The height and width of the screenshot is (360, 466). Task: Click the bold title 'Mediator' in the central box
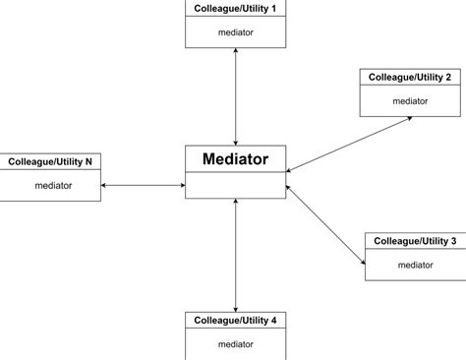click(235, 158)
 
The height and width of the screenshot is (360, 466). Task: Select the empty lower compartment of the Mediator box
click(235, 185)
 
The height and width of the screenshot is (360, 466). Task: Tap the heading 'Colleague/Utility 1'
click(235, 8)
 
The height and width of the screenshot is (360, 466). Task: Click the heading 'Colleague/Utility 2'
click(410, 77)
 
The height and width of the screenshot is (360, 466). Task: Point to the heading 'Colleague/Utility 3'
click(414, 241)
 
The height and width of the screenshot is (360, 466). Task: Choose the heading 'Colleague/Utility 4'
click(235, 320)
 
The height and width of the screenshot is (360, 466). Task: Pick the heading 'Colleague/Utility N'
click(51, 161)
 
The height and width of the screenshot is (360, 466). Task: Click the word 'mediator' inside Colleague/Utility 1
click(235, 31)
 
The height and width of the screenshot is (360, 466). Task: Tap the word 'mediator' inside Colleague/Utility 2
click(410, 100)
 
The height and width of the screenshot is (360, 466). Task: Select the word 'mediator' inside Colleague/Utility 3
click(414, 265)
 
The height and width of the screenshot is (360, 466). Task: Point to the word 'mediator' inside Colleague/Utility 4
click(235, 344)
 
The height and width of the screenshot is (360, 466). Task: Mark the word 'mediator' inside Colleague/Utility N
click(52, 185)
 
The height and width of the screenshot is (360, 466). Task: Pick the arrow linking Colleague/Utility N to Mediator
click(144, 185)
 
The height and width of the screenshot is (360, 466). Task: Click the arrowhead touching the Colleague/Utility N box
click(105, 185)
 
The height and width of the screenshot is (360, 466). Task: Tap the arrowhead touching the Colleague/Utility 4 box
click(235, 307)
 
